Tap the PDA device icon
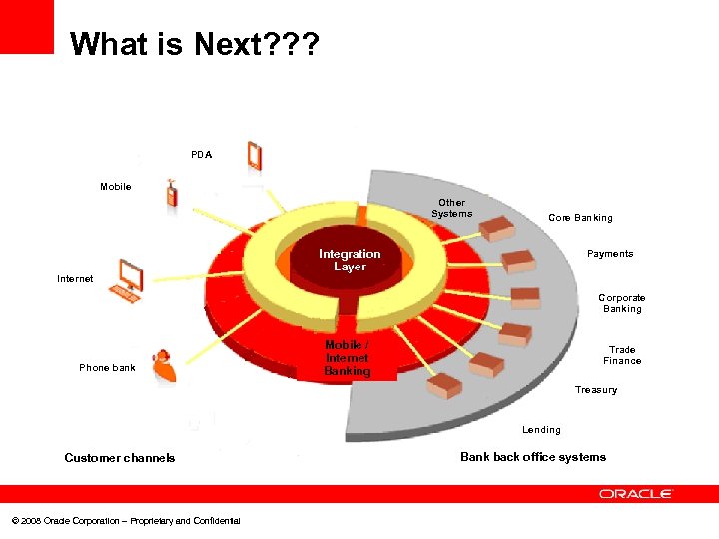254,156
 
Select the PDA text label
201,155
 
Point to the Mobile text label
115,187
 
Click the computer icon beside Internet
127,279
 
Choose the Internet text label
75,279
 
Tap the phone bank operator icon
163,366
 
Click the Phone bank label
107,368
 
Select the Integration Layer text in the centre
350,261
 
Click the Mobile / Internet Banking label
347,358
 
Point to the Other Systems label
451,208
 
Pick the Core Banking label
580,218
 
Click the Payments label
610,254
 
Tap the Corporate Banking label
621,303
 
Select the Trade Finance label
621,355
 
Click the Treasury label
595,390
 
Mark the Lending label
541,430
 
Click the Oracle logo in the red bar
636,494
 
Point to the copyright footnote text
125,521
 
